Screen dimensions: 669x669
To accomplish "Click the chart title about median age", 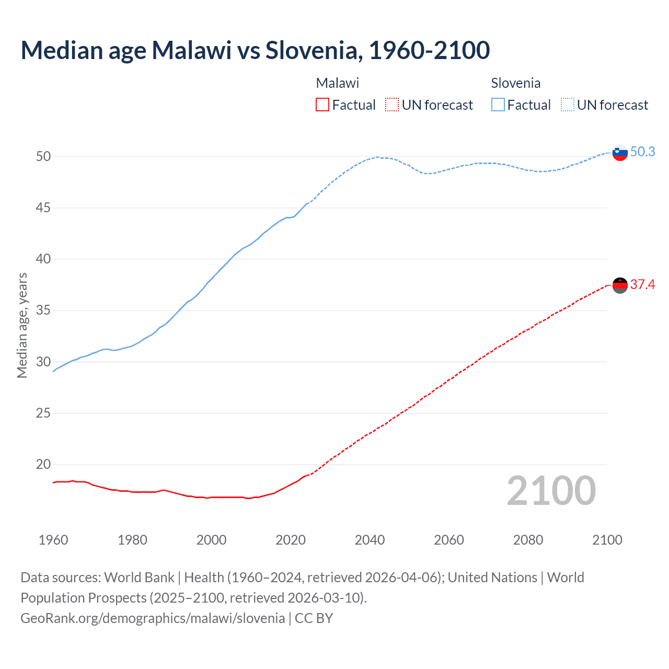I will point(255,51).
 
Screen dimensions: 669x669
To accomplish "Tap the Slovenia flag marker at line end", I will point(620,153).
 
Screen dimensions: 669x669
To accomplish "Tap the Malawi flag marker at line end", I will point(620,285).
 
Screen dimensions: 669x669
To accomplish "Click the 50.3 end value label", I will point(642,152).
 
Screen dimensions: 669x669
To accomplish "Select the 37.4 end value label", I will point(642,285).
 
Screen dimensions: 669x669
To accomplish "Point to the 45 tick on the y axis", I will point(43,208).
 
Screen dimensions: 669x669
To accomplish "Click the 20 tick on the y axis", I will point(43,465).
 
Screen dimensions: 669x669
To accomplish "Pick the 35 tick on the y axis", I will point(43,310).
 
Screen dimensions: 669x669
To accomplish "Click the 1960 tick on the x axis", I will point(53,540).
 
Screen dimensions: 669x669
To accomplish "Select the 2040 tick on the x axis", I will point(370,540).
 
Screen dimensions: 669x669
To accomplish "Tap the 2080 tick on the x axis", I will point(528,540).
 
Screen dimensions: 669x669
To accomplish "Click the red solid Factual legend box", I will point(322,105).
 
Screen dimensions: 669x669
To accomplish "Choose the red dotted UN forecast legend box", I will point(392,105).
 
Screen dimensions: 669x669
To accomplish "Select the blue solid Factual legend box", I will point(498,105).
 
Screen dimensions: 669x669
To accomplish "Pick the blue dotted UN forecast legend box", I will point(568,105).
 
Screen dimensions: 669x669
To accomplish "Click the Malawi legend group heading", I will point(338,83).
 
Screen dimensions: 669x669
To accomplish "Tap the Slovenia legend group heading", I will point(515,83).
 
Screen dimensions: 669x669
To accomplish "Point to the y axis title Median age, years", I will point(22,325).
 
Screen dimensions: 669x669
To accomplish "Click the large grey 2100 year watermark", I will point(551,491).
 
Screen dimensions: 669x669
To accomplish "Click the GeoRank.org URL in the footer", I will point(153,618).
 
